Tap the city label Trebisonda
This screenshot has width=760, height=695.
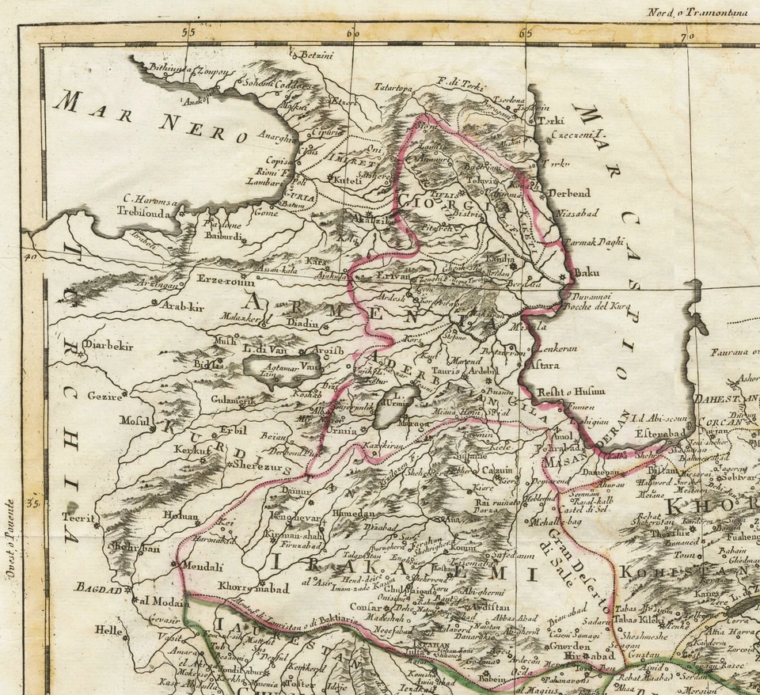click(143, 212)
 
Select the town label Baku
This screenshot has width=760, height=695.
click(587, 273)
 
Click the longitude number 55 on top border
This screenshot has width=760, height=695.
click(188, 33)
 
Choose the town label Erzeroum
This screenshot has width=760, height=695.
click(226, 281)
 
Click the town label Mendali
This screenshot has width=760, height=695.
click(203, 566)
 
